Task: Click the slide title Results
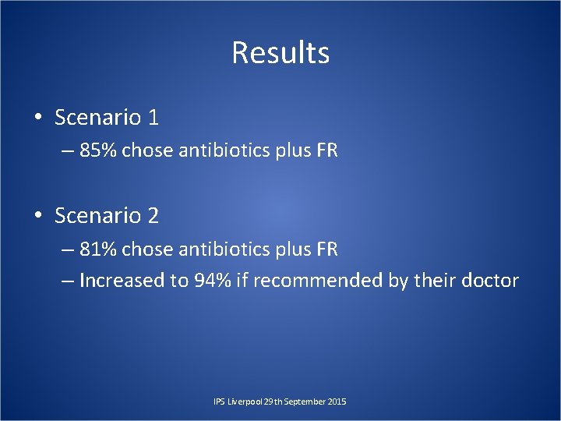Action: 280,53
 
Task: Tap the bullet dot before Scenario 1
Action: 37,118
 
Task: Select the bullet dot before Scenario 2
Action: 37,216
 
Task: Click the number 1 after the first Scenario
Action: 153,118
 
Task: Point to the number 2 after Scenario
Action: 153,216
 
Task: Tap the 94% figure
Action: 213,281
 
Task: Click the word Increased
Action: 122,281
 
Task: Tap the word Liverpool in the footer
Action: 244,402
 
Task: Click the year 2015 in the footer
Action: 337,402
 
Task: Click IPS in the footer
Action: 219,402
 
